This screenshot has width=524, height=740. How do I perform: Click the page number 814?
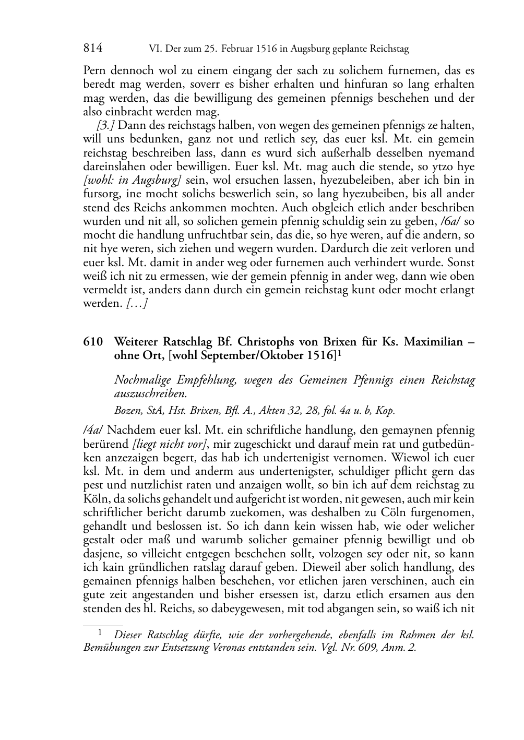[x=93, y=49]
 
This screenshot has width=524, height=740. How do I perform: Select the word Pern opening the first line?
[x=94, y=70]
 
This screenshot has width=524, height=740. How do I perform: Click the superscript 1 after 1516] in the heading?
[x=339, y=353]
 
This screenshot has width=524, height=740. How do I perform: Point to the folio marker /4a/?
[x=93, y=431]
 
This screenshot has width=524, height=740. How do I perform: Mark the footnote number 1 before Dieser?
[x=99, y=632]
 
